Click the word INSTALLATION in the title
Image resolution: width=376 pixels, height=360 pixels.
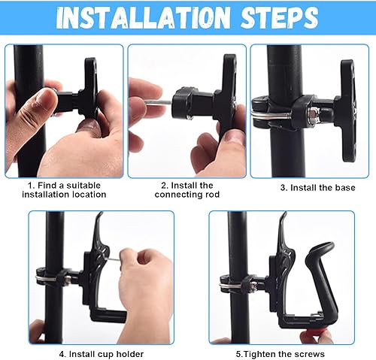143,17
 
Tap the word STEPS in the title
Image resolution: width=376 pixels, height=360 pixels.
280,17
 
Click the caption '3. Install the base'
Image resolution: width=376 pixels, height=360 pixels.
317,188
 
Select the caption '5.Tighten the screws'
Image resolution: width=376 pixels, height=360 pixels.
280,354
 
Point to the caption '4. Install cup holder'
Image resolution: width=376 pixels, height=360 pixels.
102,354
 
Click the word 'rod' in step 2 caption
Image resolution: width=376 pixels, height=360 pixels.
212,195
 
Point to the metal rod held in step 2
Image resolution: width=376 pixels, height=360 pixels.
159,103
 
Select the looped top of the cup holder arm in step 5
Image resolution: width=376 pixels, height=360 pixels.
321,248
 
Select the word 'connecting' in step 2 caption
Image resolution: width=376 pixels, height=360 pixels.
178,195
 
